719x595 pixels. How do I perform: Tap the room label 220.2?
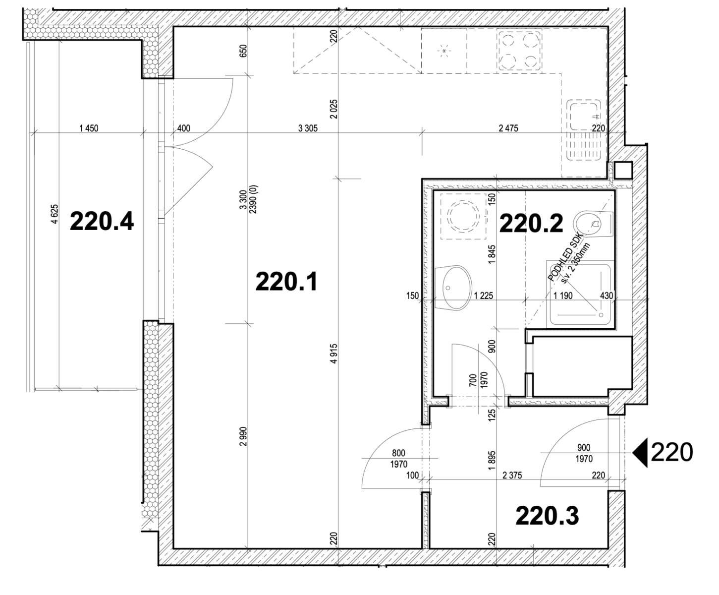pyautogui.click(x=531, y=224)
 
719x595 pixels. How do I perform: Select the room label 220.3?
pyautogui.click(x=547, y=516)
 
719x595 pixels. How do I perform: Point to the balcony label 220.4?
pyautogui.click(x=102, y=221)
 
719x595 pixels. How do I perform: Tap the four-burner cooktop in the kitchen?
pyautogui.click(x=518, y=50)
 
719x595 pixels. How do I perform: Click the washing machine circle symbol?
pyautogui.click(x=461, y=216)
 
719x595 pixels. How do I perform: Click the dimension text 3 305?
pyautogui.click(x=308, y=128)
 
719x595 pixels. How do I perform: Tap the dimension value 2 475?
pyautogui.click(x=508, y=128)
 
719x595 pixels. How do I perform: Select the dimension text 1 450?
pyautogui.click(x=88, y=128)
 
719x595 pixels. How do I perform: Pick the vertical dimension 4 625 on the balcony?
pyautogui.click(x=55, y=214)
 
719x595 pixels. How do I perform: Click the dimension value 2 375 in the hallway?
pyautogui.click(x=512, y=476)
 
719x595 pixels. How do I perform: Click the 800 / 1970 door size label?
pyautogui.click(x=398, y=459)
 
